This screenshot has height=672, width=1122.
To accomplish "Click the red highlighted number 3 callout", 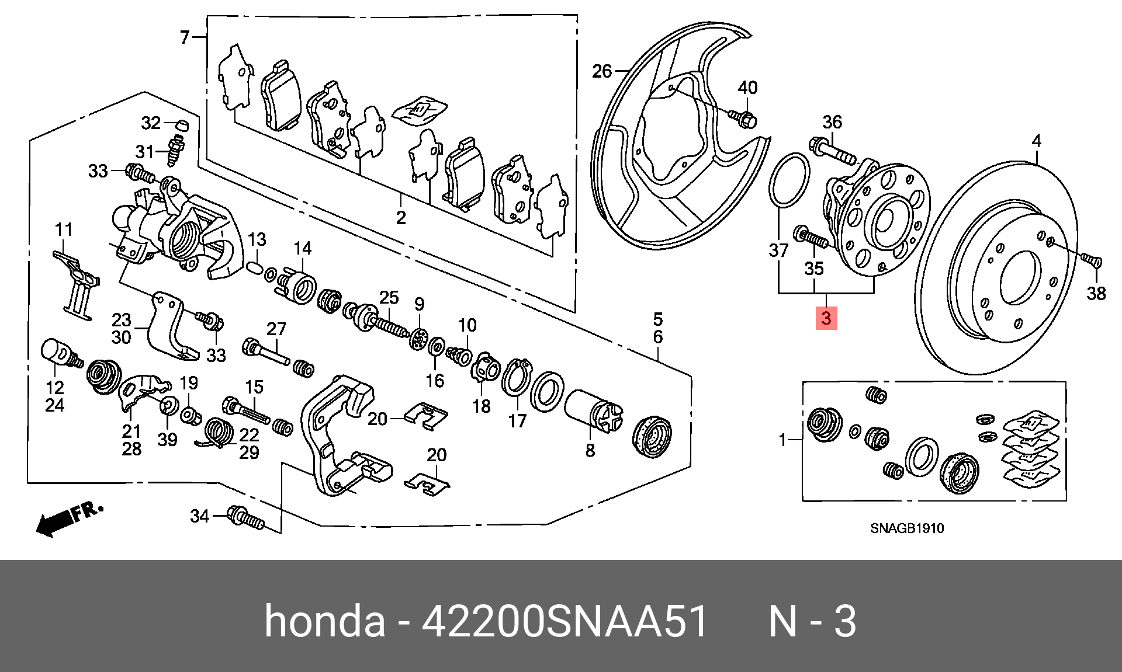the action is pyautogui.click(x=826, y=318).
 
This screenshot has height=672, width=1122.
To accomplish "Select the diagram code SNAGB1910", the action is pyautogui.click(x=907, y=528).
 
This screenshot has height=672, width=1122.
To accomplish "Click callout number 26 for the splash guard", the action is pyautogui.click(x=601, y=72).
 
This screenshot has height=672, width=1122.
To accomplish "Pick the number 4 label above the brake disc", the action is pyautogui.click(x=1036, y=141).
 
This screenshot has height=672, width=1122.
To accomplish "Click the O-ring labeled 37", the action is pyautogui.click(x=789, y=180).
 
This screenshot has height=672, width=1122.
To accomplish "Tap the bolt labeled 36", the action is pyautogui.click(x=833, y=149).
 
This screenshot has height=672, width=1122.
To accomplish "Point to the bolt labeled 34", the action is pyautogui.click(x=246, y=518).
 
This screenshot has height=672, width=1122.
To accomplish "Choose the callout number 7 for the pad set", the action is pyautogui.click(x=185, y=37).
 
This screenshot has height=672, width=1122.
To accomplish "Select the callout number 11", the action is pyautogui.click(x=64, y=230).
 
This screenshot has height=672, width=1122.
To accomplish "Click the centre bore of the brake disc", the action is pyautogui.click(x=1020, y=277).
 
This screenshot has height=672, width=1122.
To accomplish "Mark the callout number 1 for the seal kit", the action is pyautogui.click(x=782, y=440).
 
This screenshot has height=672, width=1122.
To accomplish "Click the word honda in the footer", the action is pyautogui.click(x=325, y=621).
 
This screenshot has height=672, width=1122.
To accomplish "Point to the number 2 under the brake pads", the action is pyautogui.click(x=401, y=218).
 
